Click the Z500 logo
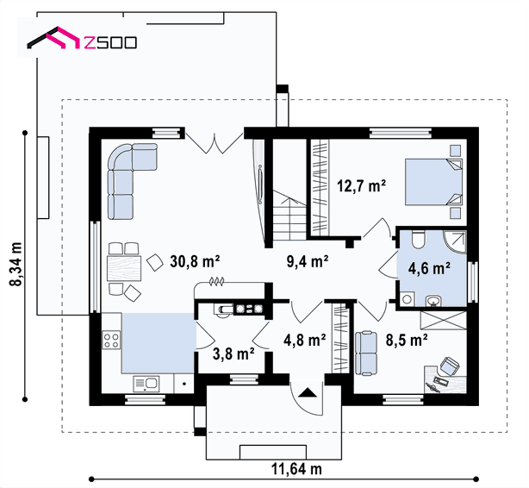tap(82, 39)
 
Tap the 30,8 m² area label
tap(195, 261)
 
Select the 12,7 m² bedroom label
tap(361, 185)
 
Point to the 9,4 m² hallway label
tap(308, 261)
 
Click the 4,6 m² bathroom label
tap(429, 268)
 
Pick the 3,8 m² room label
tap(233, 353)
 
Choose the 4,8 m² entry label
tap(305, 340)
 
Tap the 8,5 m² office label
tap(407, 340)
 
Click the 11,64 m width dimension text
tap(296, 469)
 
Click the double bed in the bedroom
tap(433, 182)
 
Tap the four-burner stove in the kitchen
tap(111, 340)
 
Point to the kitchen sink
tap(146, 384)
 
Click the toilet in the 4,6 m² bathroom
tap(419, 239)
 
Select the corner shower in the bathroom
tap(454, 242)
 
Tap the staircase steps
tap(289, 216)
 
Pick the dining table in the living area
tap(124, 268)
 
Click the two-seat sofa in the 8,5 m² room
tap(365, 353)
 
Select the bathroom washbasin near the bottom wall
tap(433, 301)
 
